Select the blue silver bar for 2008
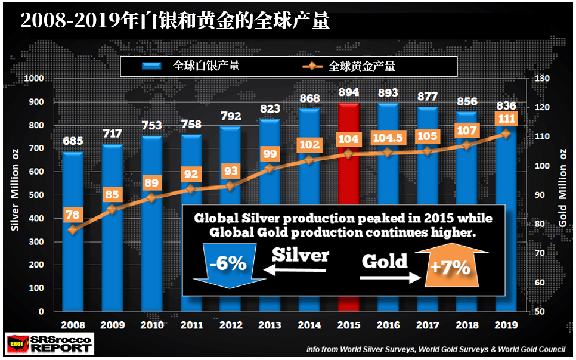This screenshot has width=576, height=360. [x=73, y=231]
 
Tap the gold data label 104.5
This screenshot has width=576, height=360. [x=388, y=138]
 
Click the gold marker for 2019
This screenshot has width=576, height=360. [x=506, y=134]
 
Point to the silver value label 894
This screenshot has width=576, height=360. [x=349, y=92]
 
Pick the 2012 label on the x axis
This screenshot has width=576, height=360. [x=231, y=325]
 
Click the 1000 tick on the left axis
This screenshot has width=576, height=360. [x=34, y=78]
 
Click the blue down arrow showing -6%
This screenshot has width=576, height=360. [x=229, y=265]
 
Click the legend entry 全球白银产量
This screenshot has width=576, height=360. [x=191, y=66]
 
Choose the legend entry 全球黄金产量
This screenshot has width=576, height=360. [x=349, y=67]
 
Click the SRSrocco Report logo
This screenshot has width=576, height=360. [x=49, y=344]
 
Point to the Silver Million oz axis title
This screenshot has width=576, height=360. [x=15, y=190]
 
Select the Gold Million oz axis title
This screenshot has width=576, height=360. [x=562, y=188]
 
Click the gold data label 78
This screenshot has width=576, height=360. [x=72, y=215]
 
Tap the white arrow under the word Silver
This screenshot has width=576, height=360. [x=295, y=271]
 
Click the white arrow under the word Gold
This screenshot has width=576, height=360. [x=390, y=277]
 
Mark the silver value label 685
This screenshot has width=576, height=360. [x=73, y=141]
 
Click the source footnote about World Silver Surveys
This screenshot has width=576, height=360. [x=436, y=349]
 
